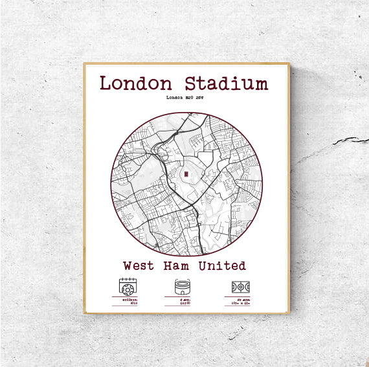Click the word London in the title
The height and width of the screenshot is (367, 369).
tap(136, 84)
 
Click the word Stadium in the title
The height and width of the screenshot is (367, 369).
tap(226, 84)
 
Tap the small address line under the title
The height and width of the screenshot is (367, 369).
tap(185, 98)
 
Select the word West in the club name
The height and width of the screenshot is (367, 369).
tap(139, 266)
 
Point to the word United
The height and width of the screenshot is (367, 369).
tap(222, 266)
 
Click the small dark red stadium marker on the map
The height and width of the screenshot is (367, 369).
tap(186, 174)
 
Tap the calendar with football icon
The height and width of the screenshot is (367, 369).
tap(127, 286)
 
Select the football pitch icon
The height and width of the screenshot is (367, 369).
tap(241, 286)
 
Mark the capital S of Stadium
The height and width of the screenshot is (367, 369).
tap(192, 84)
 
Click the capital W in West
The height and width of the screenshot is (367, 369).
tap(128, 266)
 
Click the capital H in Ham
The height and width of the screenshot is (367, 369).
tap(167, 266)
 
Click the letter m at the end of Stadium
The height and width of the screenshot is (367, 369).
tap(260, 85)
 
